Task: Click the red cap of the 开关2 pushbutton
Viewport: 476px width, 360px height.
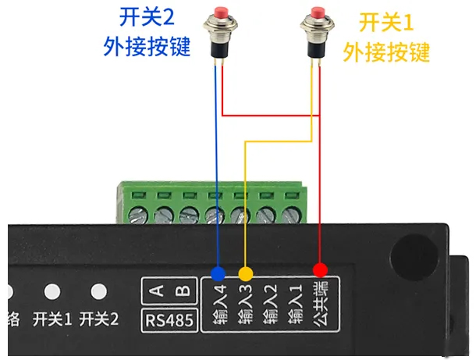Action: (220, 16)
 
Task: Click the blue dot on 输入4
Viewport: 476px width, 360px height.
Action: (218, 273)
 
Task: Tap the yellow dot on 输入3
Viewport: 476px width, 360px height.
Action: (246, 273)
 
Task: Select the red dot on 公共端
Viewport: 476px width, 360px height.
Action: (320, 270)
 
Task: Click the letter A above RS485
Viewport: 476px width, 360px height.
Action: (156, 291)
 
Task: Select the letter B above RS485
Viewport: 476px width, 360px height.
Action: (183, 291)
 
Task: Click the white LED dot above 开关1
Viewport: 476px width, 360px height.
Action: (52, 291)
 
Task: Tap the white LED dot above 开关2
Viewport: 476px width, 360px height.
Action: (98, 291)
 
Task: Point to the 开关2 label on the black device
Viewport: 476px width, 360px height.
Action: (99, 319)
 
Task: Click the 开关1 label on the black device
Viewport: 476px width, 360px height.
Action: (52, 319)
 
